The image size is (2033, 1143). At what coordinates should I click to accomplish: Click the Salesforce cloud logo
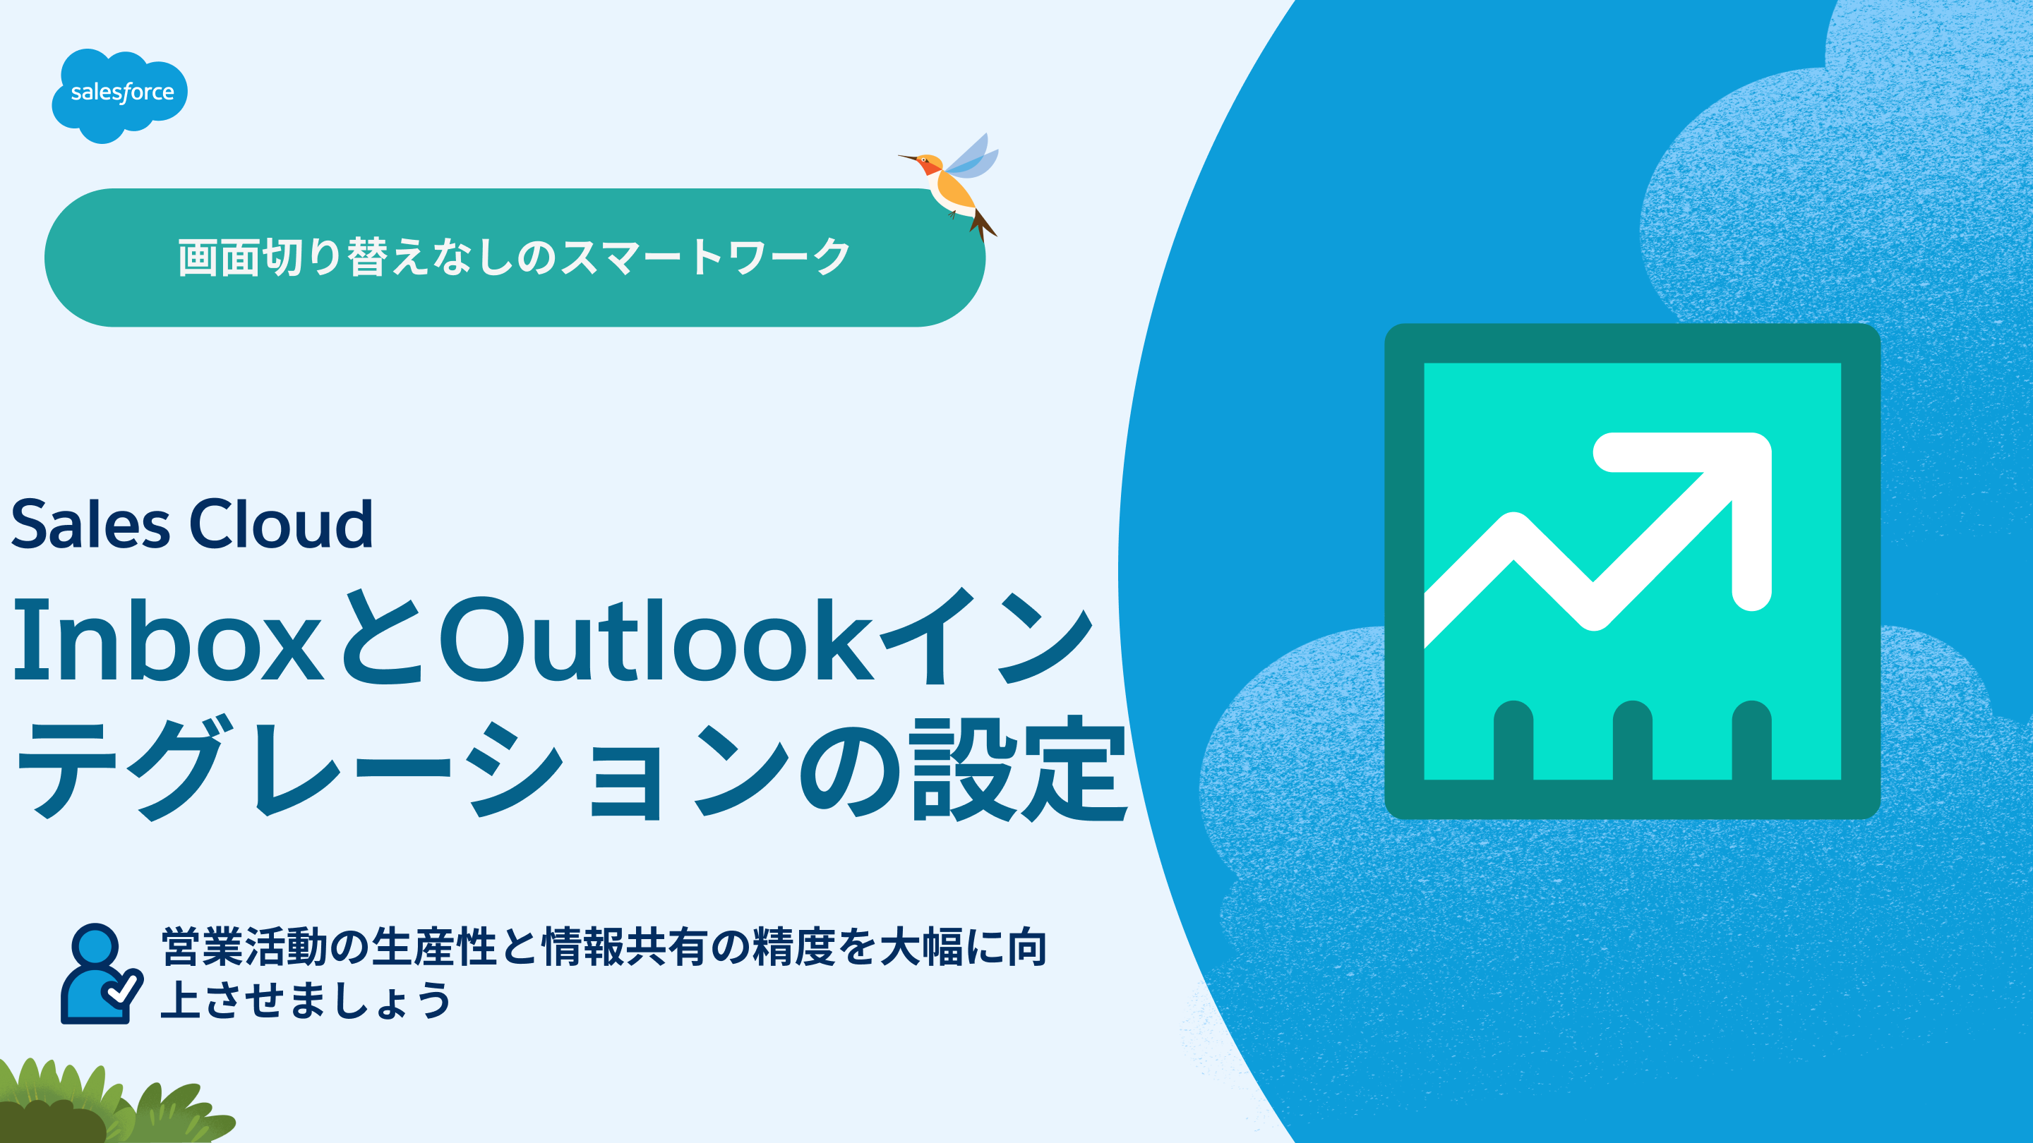coord(120,95)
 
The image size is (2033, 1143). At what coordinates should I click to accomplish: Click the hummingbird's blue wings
coord(971,158)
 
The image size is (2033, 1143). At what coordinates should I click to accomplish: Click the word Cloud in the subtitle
coord(281,523)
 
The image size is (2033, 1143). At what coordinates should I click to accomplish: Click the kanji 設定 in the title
coord(1019,769)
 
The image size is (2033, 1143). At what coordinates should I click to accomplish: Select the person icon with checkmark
coord(101,974)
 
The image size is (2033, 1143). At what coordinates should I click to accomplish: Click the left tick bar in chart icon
coord(1513,740)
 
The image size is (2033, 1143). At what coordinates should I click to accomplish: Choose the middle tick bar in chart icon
coord(1633,740)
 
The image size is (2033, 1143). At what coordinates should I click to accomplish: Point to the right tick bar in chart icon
coord(1752,740)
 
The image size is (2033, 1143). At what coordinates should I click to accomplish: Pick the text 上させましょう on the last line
coord(306,1000)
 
